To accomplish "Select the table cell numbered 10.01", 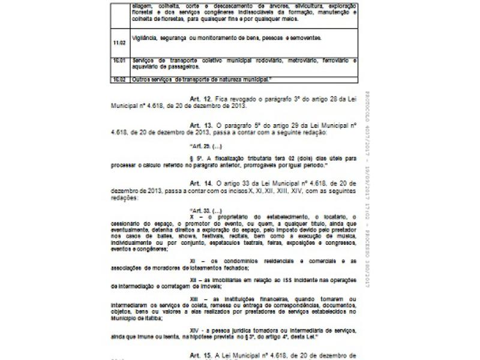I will (118, 61).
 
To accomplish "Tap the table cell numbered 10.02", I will (118, 79).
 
